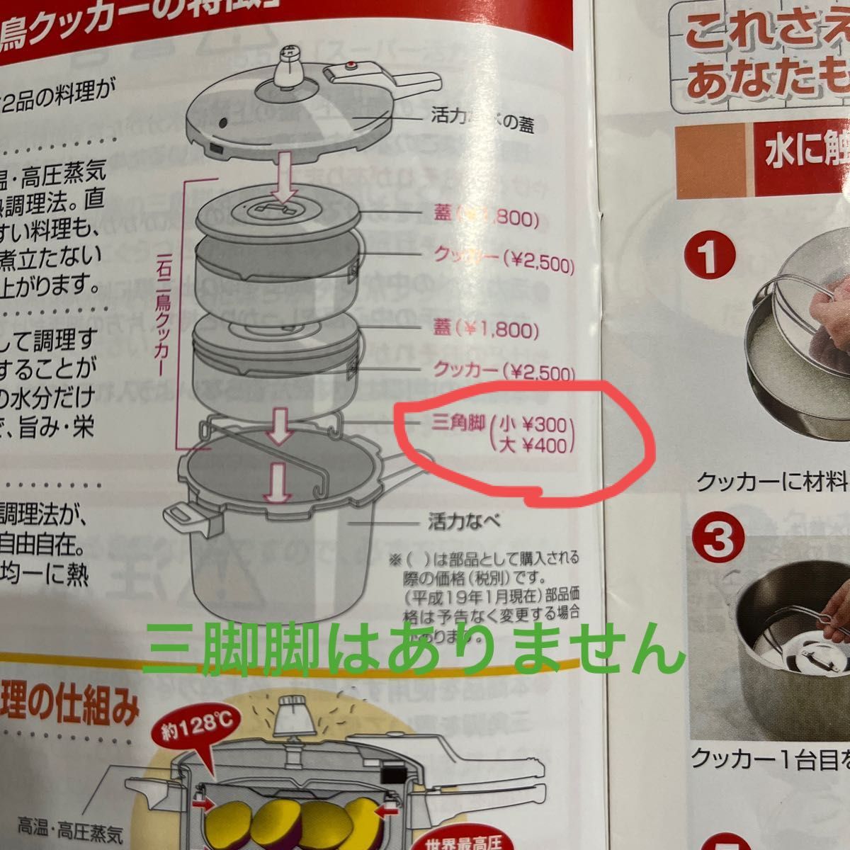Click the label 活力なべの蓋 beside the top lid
[482, 122]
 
